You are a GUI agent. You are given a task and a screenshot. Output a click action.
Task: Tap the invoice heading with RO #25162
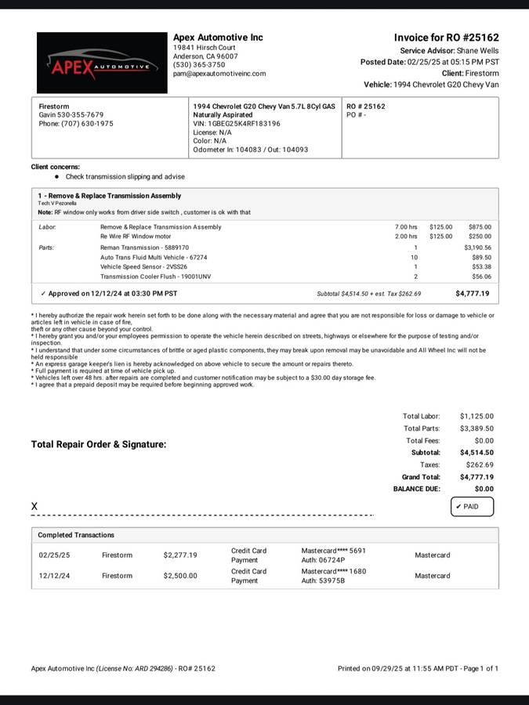[446, 38]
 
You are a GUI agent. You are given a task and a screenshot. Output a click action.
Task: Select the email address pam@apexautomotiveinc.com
[219, 74]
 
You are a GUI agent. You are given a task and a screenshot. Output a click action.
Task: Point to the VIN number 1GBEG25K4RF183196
[237, 124]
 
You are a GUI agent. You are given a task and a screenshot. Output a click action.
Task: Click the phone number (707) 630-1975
[76, 124]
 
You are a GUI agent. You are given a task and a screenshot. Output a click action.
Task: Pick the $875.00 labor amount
[480, 227]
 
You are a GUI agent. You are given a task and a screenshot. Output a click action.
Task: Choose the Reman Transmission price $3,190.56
[476, 248]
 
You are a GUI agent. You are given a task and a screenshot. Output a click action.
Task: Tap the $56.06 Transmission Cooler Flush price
[481, 277]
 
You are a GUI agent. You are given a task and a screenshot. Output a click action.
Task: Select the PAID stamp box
[472, 507]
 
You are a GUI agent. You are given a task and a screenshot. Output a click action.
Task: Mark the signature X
[34, 507]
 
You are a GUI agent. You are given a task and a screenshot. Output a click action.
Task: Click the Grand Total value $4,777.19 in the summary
[476, 476]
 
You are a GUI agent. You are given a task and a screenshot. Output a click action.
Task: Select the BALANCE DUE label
[417, 489]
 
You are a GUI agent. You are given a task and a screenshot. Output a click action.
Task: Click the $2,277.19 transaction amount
[180, 555]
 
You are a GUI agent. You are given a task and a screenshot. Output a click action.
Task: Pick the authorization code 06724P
[334, 561]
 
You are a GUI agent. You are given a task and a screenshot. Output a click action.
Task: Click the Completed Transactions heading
[76, 535]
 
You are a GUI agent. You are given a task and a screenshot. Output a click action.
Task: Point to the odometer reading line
[251, 150]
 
